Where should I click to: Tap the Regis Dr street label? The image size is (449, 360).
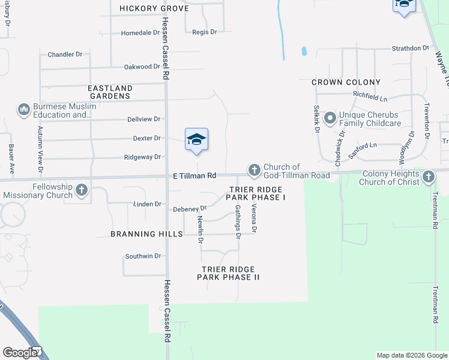205,32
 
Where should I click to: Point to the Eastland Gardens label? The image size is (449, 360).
110,92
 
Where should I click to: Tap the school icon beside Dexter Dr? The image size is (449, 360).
196,140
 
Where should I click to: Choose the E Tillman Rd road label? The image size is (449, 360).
194,176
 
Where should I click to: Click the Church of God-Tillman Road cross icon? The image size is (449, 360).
255,170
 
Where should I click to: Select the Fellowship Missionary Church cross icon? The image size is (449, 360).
82,190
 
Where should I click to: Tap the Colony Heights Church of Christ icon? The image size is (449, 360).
428,176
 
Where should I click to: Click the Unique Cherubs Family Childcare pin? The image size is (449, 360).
330,118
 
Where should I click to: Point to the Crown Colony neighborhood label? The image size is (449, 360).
346,82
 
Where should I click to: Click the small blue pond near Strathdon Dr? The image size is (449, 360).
304,51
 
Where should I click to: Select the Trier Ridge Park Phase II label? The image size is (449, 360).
228,274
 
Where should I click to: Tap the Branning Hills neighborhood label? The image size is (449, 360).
146,234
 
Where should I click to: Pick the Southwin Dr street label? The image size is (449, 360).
143,256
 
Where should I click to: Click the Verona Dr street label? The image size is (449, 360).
254,218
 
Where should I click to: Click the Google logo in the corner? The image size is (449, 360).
20,352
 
